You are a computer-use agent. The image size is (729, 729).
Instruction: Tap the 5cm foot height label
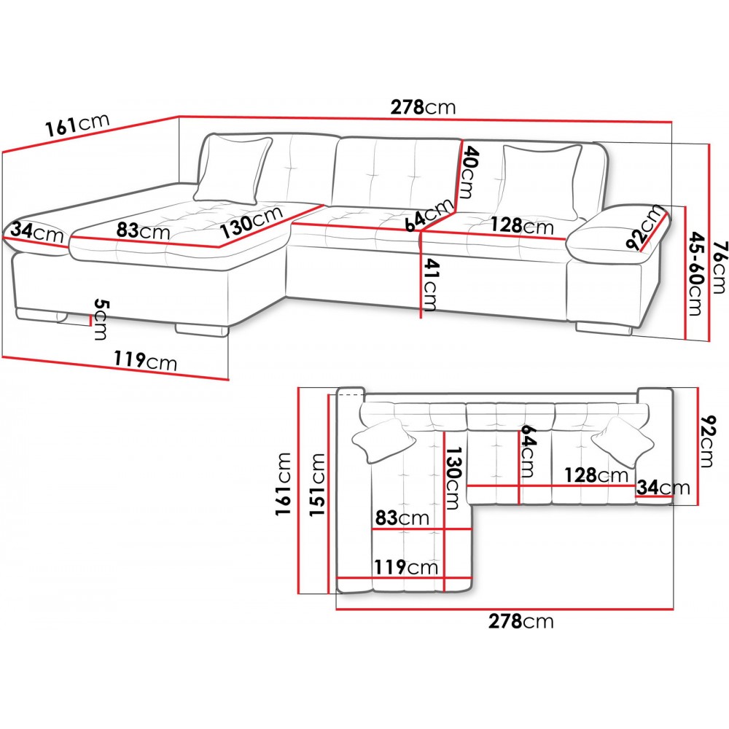(100, 319)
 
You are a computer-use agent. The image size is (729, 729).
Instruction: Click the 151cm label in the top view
(317, 484)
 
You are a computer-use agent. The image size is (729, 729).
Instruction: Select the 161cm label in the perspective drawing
(77, 125)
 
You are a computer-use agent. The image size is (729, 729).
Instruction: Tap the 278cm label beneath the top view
(521, 622)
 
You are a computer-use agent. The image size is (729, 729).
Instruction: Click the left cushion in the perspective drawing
(233, 170)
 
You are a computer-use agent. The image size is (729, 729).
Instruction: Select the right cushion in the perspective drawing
(542, 182)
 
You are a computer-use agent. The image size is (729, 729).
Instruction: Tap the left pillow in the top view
(383, 440)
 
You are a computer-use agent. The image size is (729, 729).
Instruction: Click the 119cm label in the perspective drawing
(146, 360)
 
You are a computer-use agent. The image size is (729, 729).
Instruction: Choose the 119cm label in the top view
(406, 567)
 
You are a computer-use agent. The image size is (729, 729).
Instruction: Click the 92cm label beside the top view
(706, 441)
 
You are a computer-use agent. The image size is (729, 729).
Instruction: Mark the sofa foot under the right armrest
(604, 328)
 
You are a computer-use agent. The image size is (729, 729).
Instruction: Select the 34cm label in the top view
(663, 487)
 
